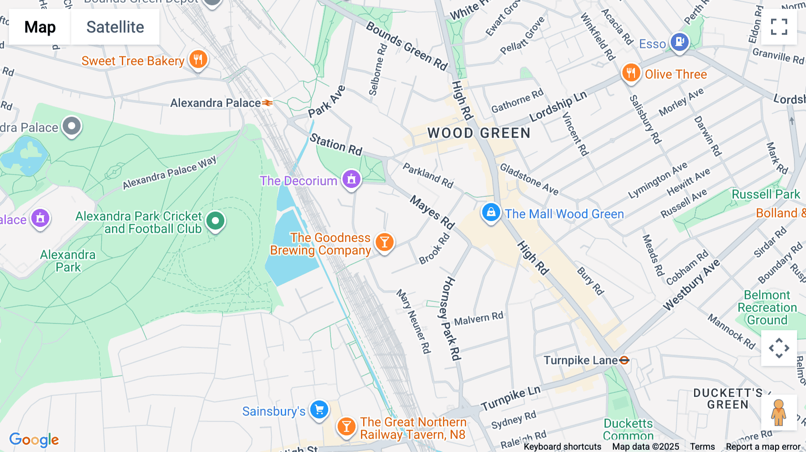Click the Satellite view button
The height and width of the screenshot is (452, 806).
(x=115, y=27)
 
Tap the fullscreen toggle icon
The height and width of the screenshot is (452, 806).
(x=779, y=27)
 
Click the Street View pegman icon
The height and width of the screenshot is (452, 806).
(x=779, y=412)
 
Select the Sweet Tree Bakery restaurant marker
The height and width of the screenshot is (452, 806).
(x=198, y=60)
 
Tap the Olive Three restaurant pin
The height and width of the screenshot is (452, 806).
(x=630, y=73)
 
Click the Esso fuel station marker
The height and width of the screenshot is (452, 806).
(x=679, y=43)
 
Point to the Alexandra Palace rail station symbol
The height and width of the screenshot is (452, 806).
(x=267, y=103)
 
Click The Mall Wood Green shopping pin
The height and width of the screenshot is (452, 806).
(x=491, y=213)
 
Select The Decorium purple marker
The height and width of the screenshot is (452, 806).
(x=352, y=179)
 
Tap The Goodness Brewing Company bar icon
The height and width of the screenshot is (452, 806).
(x=384, y=243)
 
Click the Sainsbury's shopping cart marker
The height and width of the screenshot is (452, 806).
(x=319, y=409)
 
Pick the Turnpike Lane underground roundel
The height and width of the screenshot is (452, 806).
(x=624, y=360)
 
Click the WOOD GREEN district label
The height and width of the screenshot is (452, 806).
(x=479, y=133)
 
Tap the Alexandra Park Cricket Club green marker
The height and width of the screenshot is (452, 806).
(x=215, y=221)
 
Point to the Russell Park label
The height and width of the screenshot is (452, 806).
(x=766, y=194)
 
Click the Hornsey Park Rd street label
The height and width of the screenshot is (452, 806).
(x=450, y=319)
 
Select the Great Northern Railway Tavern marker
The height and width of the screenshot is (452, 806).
(x=346, y=426)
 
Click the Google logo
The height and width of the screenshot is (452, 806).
(x=34, y=439)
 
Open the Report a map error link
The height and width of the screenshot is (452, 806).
(x=763, y=446)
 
